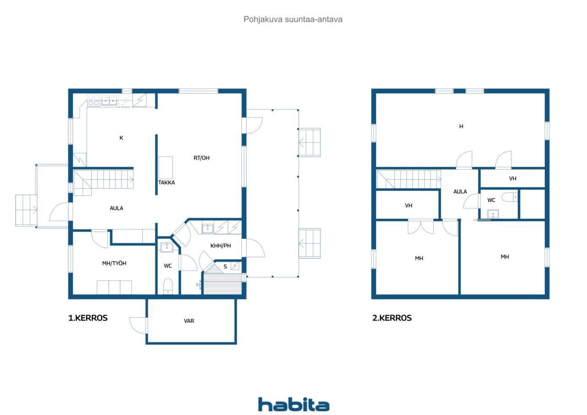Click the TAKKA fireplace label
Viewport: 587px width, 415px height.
coord(166,183)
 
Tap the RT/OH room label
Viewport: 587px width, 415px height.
coord(201,158)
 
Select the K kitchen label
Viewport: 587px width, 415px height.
coord(122,138)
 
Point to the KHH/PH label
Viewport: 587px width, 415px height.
coord(221,246)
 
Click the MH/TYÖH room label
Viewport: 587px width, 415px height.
coord(114,263)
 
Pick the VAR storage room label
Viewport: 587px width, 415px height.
coord(189,321)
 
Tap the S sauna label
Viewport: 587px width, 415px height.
coord(225,267)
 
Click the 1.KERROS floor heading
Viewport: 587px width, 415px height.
coord(88,318)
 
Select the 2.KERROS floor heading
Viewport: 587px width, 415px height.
coord(392,318)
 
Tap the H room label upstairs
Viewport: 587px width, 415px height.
coord(461,127)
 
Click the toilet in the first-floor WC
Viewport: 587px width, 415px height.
coord(168,286)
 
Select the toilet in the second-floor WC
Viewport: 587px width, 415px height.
coord(509,197)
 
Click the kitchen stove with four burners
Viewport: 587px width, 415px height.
coord(94,100)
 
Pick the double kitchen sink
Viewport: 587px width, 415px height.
coord(109,100)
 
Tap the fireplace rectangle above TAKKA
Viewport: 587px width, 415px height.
coord(166,168)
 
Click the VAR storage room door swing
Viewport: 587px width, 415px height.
coord(138,326)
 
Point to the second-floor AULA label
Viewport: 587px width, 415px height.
coord(460,192)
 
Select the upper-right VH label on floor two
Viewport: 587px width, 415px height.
coord(513,179)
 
